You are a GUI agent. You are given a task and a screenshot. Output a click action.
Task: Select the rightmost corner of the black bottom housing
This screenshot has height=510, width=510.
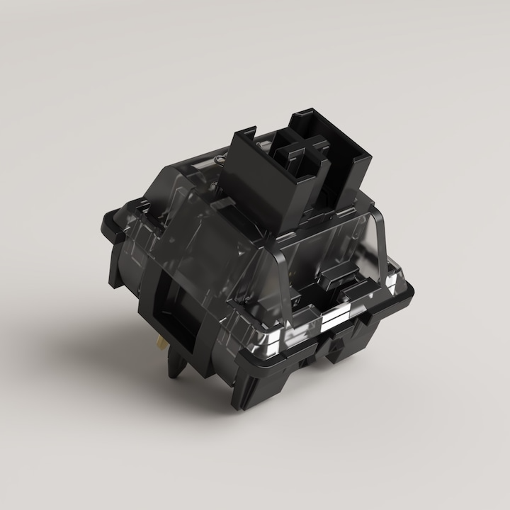coord(414,283)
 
